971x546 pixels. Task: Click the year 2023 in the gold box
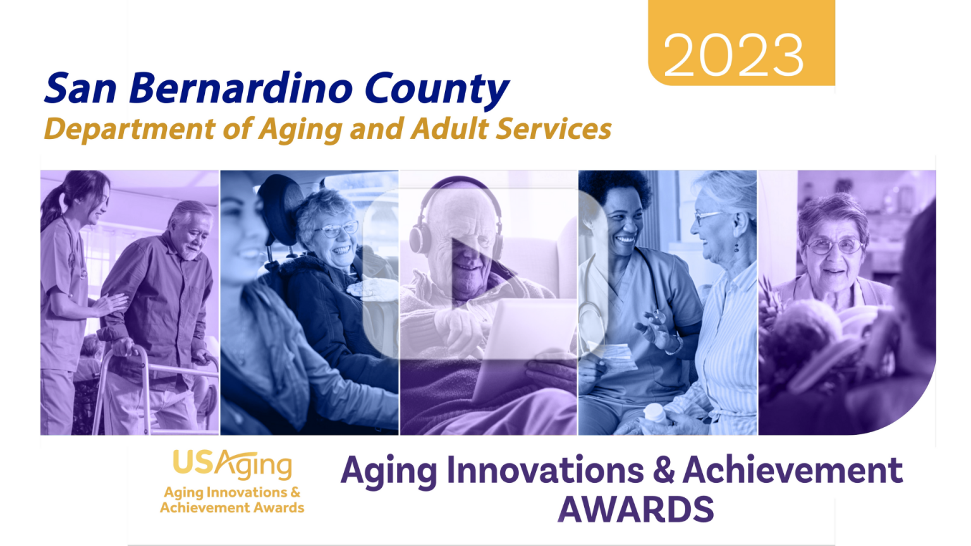[x=733, y=56]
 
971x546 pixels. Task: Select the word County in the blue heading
[x=437, y=90]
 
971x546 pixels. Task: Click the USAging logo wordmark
[x=232, y=465]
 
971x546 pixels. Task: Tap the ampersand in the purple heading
[x=664, y=471]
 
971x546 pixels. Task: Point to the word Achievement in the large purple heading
[x=793, y=471]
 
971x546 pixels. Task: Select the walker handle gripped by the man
[x=130, y=348]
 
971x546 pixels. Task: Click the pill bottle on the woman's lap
[x=655, y=414]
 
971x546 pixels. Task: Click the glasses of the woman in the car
[x=336, y=230]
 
